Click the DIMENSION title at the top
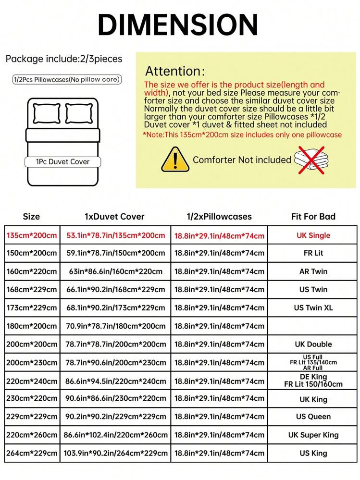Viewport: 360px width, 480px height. (x=178, y=25)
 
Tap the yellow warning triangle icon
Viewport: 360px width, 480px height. (x=174, y=160)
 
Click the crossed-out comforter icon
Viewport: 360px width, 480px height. (x=311, y=159)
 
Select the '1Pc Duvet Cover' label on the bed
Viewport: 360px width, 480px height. (x=62, y=162)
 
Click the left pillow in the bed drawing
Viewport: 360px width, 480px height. (x=47, y=114)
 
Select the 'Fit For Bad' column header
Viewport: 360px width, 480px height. (x=313, y=217)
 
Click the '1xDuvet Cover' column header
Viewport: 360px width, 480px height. (x=114, y=217)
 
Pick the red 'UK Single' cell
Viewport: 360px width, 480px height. (x=313, y=235)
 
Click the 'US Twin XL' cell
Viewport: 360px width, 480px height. (x=313, y=308)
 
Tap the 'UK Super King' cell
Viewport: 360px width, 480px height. (x=313, y=435)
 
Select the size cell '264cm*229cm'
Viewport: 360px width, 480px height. (x=32, y=453)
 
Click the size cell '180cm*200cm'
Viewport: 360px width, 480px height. (x=32, y=326)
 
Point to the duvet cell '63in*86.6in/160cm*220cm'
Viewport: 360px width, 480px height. (x=114, y=271)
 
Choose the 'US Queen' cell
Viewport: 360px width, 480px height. (x=313, y=417)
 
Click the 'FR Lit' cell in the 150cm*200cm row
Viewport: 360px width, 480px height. (x=313, y=253)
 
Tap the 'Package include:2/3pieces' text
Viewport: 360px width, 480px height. (x=64, y=59)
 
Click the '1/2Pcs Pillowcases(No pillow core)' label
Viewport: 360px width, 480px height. (x=66, y=79)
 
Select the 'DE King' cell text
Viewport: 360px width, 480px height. (x=313, y=377)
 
